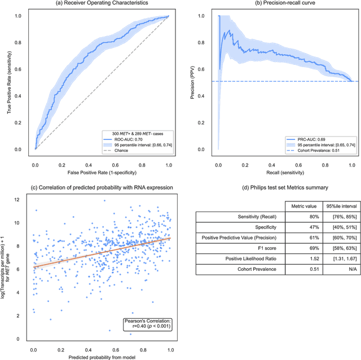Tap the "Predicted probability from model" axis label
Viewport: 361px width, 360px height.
click(x=102, y=355)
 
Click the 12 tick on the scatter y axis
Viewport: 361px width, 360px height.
click(x=21, y=199)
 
